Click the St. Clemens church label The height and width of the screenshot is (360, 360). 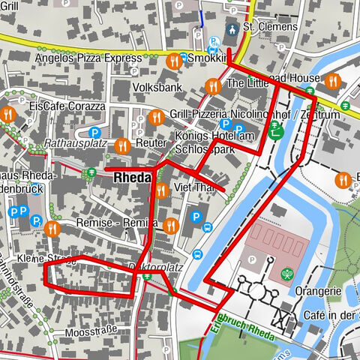tap(271, 28)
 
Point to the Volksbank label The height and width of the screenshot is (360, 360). tap(157, 87)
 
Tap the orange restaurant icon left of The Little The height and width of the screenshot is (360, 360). tap(213, 85)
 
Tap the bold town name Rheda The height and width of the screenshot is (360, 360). tap(133, 178)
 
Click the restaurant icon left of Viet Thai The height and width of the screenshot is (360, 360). tap(160, 189)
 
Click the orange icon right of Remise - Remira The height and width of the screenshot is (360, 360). tap(171, 224)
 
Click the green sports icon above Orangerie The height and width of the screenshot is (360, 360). tap(286, 274)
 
